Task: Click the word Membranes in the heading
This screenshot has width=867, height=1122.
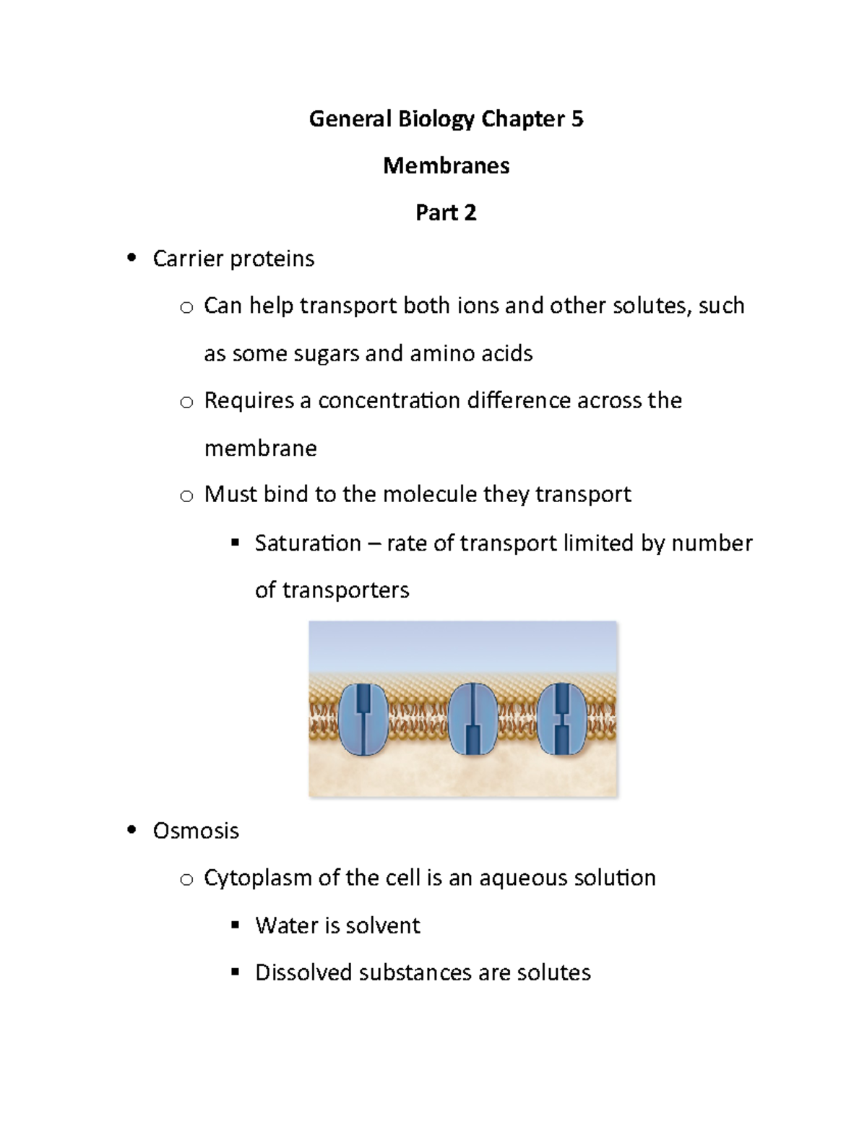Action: coord(446,165)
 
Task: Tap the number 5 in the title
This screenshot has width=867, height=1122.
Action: coord(577,118)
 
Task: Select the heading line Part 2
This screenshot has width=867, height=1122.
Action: coord(446,212)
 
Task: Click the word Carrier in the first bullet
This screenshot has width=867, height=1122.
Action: coord(187,259)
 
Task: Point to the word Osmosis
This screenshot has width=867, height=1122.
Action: coord(196,831)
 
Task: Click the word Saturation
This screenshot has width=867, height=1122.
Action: coord(308,543)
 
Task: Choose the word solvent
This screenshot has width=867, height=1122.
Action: coord(383,925)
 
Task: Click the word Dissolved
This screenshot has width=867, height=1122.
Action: coord(304,972)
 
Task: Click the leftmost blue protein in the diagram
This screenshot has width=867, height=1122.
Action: coord(363,720)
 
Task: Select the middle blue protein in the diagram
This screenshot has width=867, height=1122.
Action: coord(473,720)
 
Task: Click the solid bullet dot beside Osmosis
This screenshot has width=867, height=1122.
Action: coord(131,830)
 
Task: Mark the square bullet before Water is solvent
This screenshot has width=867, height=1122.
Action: coord(235,925)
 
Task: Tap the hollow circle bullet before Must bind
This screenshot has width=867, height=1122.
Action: coord(186,496)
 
